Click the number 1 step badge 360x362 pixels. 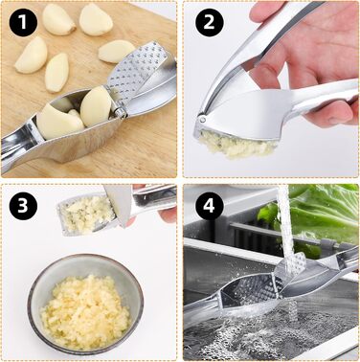click(23, 22)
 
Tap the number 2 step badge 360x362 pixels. click(209, 22)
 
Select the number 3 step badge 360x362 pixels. click(23, 206)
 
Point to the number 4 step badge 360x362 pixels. click(209, 206)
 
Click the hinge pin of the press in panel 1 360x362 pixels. click(120, 112)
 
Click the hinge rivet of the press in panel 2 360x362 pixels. click(202, 120)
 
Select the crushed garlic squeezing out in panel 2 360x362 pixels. click(236, 145)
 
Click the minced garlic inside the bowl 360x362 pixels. click(85, 310)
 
